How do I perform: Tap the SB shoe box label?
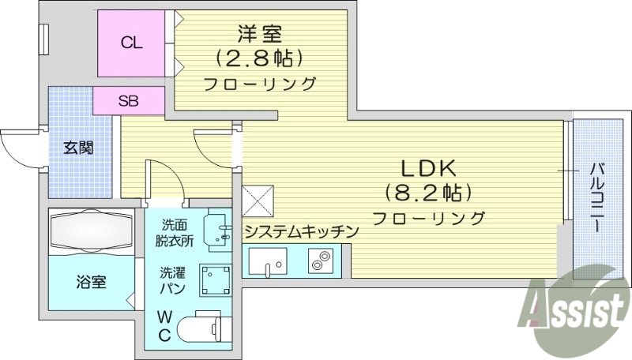(x=130, y=100)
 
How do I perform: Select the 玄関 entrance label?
(x=79, y=148)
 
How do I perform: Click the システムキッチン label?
(x=301, y=232)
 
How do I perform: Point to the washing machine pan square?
(x=214, y=279)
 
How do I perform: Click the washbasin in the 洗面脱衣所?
(x=215, y=230)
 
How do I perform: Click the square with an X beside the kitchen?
(x=258, y=201)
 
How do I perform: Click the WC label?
(x=164, y=326)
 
